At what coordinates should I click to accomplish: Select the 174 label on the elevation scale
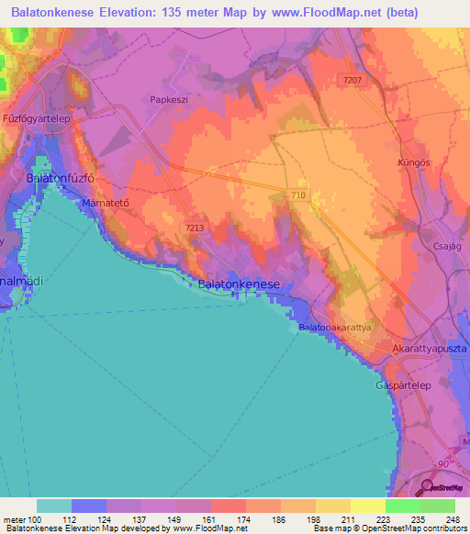[241, 519]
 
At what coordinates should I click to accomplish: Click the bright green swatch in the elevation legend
[402, 506]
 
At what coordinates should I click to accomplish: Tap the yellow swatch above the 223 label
[367, 506]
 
